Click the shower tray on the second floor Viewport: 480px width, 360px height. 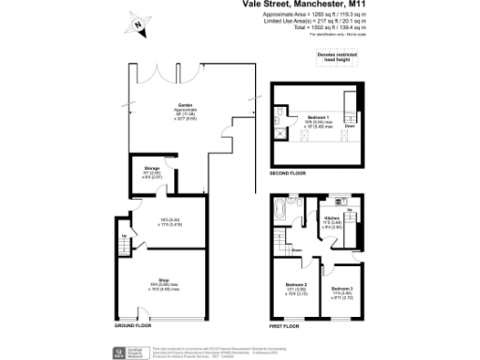tap(281, 132)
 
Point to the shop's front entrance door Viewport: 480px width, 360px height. tap(141, 325)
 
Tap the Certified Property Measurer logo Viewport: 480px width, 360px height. tap(121, 352)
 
